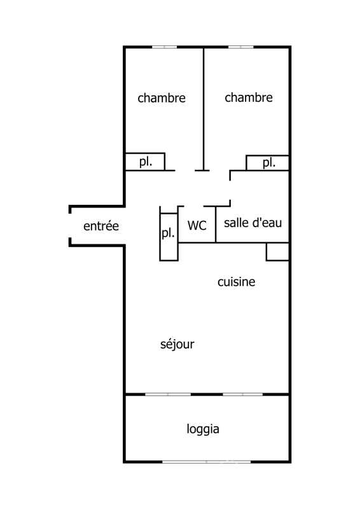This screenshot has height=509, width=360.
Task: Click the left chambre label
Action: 162,98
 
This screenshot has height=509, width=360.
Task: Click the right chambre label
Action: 249,97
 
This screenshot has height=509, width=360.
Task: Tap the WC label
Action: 197,225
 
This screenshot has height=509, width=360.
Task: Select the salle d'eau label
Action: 253,223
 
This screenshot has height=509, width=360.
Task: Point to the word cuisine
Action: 237,282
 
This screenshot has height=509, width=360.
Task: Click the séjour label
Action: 177,344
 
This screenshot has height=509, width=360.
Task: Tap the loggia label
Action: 203,429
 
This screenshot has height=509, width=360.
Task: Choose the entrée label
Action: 101,226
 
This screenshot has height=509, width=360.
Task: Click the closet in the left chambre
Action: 145,162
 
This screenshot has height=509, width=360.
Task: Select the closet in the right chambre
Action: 268,163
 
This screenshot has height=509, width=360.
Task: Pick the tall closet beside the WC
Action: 169,237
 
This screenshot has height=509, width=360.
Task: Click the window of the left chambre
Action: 165,47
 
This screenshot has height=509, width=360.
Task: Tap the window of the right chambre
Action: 241,47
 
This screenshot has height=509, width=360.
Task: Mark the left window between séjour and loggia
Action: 168,394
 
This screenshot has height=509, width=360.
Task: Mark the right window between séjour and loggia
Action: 243,394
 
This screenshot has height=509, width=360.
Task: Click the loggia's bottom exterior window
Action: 207,462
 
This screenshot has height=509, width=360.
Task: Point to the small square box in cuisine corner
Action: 277,251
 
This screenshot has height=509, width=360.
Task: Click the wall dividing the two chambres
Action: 204,109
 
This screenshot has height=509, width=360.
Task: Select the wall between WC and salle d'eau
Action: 216,225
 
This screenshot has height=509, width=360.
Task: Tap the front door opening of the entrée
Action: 70,226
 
